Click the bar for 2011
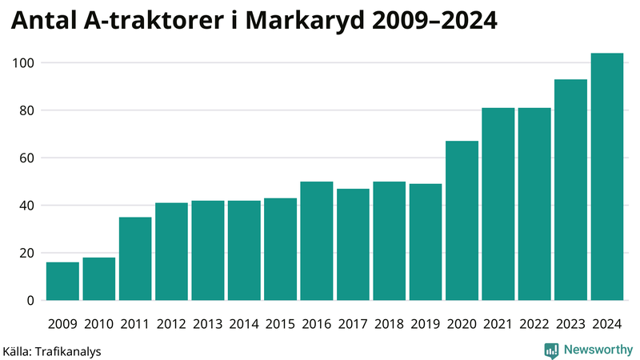pyautogui.click(x=135, y=258)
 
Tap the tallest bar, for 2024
pyautogui.click(x=606, y=177)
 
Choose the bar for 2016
pyautogui.click(x=317, y=241)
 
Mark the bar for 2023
pyautogui.click(x=570, y=190)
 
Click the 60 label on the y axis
pyautogui.click(x=26, y=158)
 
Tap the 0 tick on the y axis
pyautogui.click(x=30, y=301)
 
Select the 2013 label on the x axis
pyautogui.click(x=207, y=324)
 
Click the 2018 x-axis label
pyautogui.click(x=389, y=324)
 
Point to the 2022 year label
pyautogui.click(x=534, y=324)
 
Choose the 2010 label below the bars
pyautogui.click(x=98, y=324)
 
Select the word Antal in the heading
pyautogui.click(x=44, y=22)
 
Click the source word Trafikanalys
pyautogui.click(x=69, y=350)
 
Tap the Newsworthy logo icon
pyautogui.click(x=551, y=350)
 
